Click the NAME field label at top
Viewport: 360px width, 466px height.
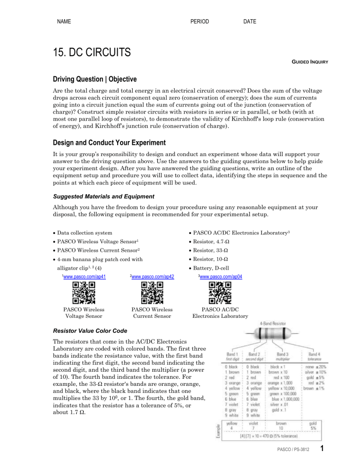(x=65, y=22)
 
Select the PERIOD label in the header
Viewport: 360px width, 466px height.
(x=200, y=22)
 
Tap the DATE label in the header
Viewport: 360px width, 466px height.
(x=250, y=22)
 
